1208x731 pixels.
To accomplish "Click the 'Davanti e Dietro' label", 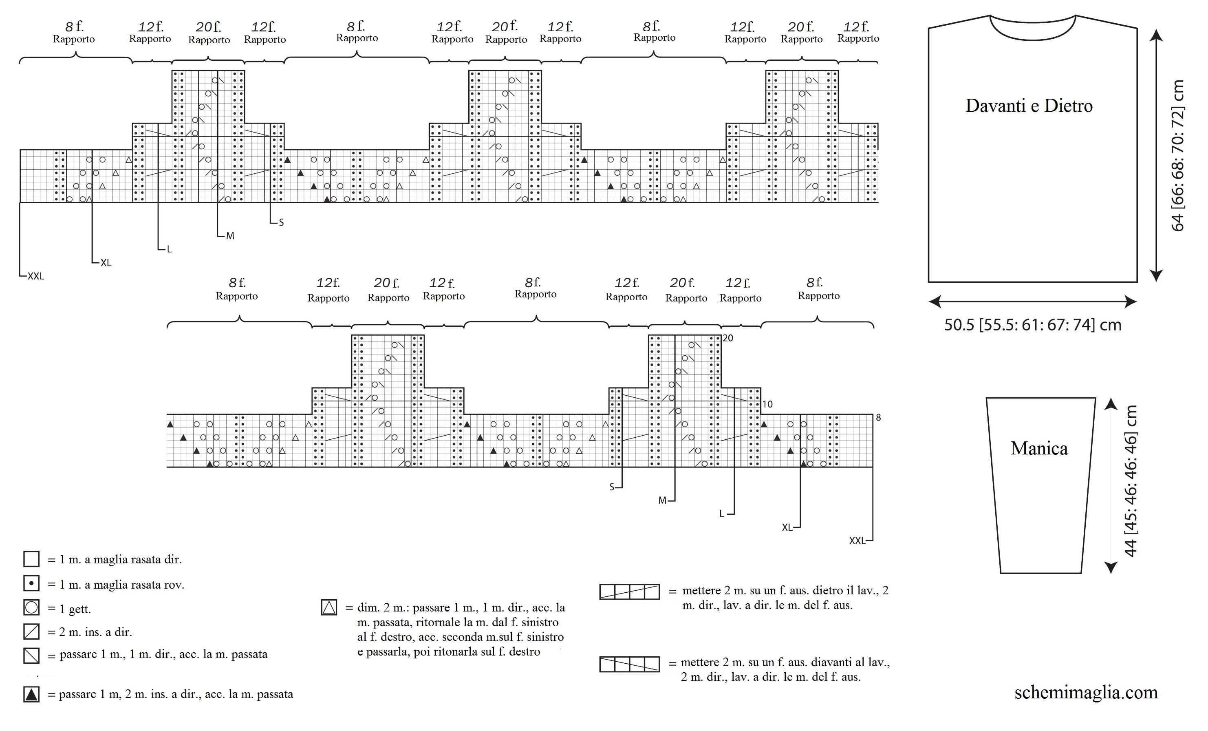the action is (1029, 106).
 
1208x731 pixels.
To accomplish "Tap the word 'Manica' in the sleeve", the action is (1039, 448).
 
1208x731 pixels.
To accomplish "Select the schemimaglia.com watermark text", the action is (1086, 692).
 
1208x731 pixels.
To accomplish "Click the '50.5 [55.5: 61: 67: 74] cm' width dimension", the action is (1033, 325).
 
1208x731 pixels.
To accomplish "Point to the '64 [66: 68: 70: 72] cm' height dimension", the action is (1177, 155).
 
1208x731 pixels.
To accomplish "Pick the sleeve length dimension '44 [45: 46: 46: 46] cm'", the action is (1130, 481).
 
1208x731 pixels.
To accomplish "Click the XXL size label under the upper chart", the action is (36, 276).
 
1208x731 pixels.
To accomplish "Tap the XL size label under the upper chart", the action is (106, 263).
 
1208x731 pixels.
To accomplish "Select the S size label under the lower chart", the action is (611, 487).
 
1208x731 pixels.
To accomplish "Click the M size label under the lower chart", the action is (662, 501).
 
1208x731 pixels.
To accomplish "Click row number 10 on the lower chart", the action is (767, 404).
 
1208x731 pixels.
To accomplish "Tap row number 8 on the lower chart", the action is (879, 417).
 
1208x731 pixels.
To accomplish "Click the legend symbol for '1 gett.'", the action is (31, 607).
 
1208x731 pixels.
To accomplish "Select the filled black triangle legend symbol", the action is (31, 694).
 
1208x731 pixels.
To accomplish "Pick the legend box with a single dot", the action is (31, 583).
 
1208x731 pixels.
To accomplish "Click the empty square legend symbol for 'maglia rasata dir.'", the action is (31, 559).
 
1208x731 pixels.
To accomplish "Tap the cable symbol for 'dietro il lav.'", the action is (630, 591).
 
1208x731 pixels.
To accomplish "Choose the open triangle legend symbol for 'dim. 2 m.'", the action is (329, 607).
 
